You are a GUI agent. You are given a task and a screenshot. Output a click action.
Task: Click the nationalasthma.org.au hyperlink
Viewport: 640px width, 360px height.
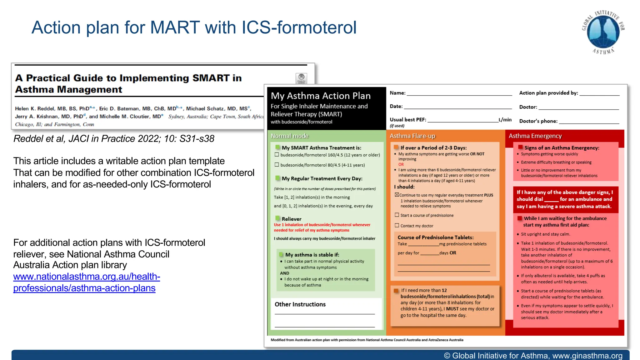(x=86, y=282)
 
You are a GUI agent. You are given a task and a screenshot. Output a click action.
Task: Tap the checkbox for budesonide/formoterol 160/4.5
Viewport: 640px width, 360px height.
(x=277, y=155)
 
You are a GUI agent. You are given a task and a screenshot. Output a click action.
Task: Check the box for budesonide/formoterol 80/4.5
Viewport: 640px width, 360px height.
(x=277, y=165)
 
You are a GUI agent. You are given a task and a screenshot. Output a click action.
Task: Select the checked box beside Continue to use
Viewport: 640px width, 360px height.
(x=397, y=195)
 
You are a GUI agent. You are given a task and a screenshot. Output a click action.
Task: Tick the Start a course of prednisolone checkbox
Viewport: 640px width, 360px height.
(x=397, y=215)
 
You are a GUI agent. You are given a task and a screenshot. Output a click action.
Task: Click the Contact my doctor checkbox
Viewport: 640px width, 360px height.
(x=397, y=225)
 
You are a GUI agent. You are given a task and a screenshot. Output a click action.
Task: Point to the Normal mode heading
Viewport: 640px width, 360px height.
(x=289, y=136)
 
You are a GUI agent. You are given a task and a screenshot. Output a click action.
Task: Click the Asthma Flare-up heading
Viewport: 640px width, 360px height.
(x=412, y=136)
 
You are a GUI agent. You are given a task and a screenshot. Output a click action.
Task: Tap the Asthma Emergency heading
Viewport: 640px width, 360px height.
(x=535, y=136)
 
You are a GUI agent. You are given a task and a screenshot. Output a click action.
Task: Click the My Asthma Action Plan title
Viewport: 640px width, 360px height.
(x=320, y=96)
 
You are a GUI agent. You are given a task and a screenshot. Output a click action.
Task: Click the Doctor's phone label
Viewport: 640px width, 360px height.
(x=538, y=121)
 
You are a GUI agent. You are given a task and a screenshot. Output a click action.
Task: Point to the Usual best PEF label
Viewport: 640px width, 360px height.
(x=407, y=120)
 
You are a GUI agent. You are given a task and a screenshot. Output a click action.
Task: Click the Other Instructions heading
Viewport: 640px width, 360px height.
(x=300, y=304)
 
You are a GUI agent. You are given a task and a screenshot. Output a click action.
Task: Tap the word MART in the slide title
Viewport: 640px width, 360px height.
(x=174, y=27)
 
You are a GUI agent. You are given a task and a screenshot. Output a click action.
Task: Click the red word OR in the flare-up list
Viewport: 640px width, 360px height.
(x=401, y=164)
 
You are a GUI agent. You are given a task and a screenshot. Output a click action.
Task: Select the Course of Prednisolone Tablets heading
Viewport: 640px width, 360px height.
(x=435, y=237)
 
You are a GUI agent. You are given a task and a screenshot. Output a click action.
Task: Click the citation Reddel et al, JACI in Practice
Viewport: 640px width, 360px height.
(x=114, y=139)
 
